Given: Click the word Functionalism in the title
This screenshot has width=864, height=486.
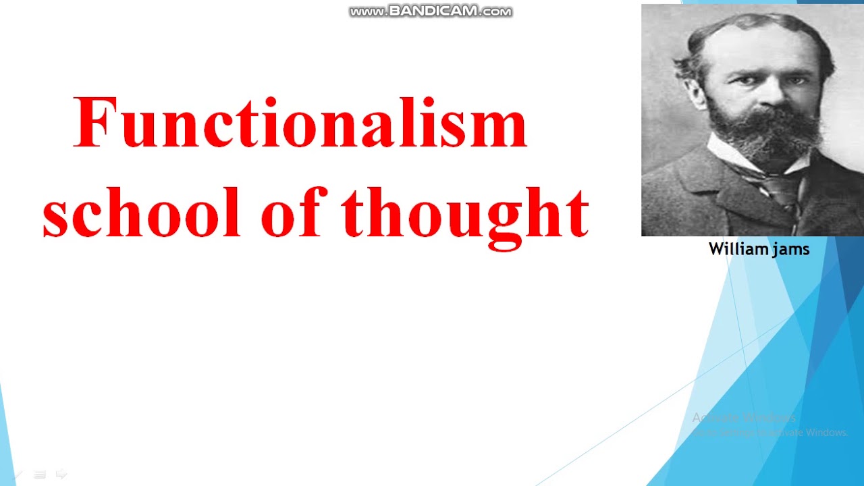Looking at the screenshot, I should (300, 124).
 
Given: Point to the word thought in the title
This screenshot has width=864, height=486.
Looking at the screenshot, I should (466, 213).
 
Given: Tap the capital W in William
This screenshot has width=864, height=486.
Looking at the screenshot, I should (715, 249).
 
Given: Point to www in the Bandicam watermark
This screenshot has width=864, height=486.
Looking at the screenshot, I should (367, 12).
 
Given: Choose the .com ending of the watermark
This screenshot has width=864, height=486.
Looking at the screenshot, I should (496, 12).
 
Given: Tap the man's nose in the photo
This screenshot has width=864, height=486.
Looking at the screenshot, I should (765, 94).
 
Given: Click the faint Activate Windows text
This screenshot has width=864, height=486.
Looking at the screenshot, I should (743, 418).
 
